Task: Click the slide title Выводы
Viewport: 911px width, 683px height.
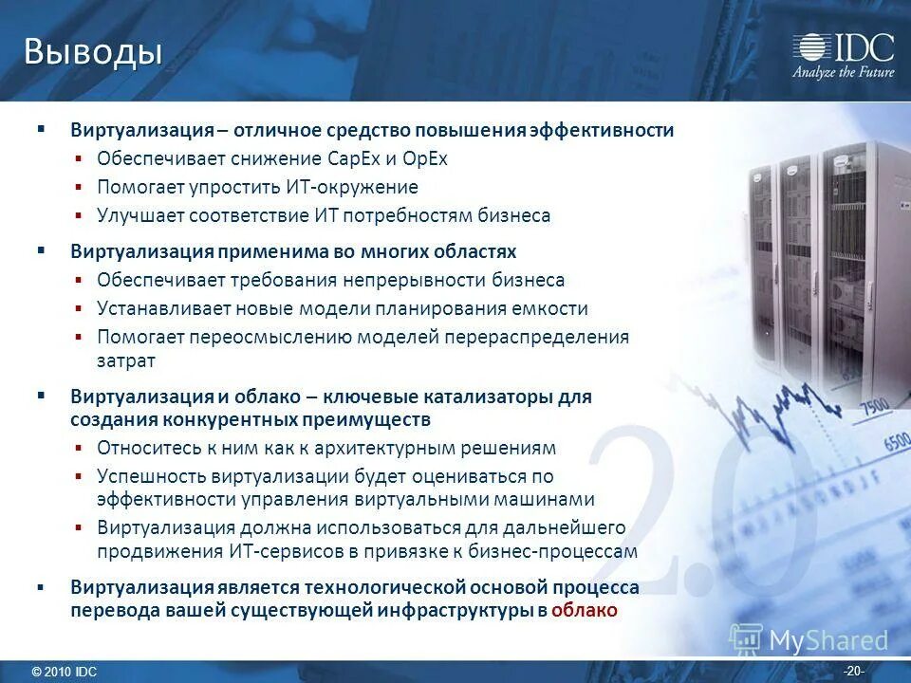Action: (92, 52)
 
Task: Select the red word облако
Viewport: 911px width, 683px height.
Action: (584, 610)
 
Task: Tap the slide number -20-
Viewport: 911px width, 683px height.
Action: (853, 672)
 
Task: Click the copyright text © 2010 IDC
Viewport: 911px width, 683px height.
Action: (64, 672)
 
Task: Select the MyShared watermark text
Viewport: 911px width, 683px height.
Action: (827, 640)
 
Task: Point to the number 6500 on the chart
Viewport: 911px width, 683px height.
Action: (895, 442)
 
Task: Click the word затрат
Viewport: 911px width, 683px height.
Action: (125, 360)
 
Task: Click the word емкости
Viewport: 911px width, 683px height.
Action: (552, 308)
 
